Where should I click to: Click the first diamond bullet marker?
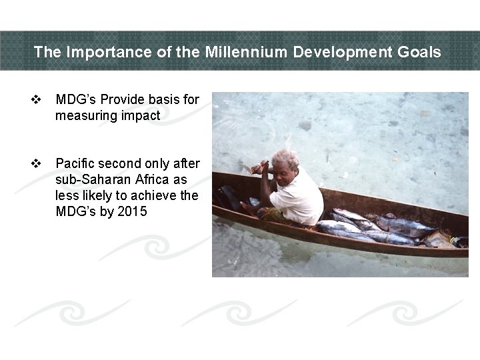[37, 100]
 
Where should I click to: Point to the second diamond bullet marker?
[37, 164]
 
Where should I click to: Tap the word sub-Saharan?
[87, 180]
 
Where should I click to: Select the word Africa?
[146, 180]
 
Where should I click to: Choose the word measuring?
[83, 116]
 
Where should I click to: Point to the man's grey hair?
[286, 158]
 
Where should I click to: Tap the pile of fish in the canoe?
[373, 227]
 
